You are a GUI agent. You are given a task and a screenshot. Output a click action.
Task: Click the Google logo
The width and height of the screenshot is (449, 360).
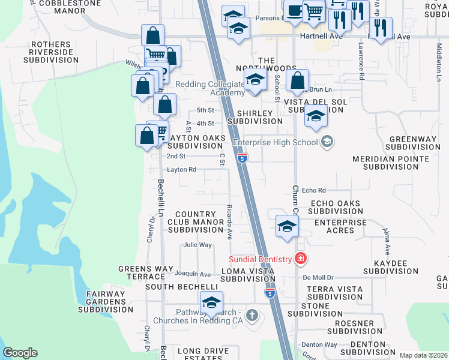point(20,353)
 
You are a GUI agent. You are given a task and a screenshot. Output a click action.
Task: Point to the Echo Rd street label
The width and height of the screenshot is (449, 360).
point(313,190)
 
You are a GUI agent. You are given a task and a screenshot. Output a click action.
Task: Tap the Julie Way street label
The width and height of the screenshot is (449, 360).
point(197,245)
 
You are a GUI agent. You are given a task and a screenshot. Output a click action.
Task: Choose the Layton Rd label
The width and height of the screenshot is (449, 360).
point(181,170)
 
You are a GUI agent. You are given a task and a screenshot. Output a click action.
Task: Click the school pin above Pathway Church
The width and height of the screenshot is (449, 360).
point(211,304)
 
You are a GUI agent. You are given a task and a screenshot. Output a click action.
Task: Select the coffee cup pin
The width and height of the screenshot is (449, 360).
point(294,11)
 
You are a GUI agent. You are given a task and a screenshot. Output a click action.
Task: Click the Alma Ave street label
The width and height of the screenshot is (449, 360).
point(387,242)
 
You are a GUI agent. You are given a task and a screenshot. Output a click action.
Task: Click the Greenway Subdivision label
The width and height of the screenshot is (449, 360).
point(413,143)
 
